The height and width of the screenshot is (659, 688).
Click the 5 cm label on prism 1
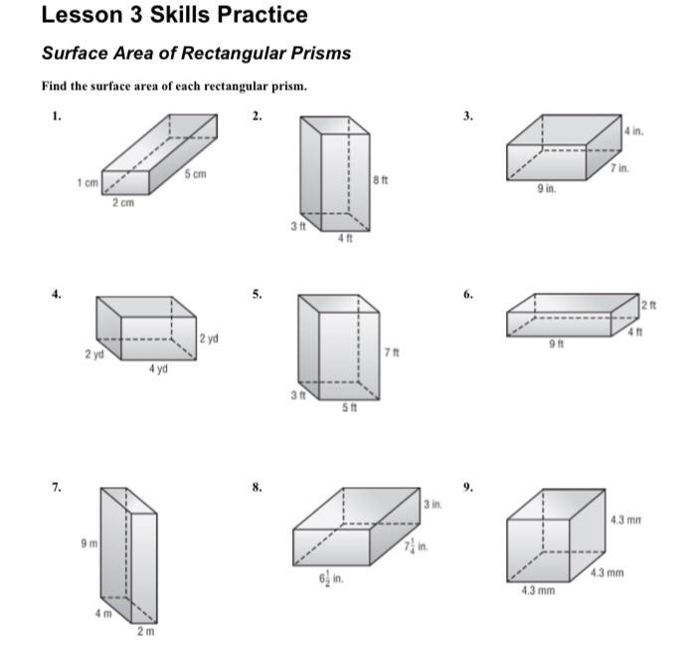(195, 174)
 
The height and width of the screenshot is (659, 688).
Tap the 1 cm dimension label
(87, 182)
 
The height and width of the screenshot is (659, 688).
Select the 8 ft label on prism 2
(381, 180)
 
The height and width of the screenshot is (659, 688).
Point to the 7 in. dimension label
(619, 168)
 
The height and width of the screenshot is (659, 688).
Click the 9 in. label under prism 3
(547, 188)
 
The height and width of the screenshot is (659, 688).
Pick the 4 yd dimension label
(158, 368)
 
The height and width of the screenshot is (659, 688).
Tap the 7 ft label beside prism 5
(392, 352)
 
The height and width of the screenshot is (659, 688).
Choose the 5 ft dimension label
(350, 407)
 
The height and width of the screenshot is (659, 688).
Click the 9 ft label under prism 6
(557, 343)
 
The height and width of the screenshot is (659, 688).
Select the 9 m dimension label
(89, 544)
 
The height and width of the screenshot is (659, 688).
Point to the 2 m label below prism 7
(146, 631)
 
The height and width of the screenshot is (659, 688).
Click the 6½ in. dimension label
(331, 578)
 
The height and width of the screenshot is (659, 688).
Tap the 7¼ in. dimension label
(416, 547)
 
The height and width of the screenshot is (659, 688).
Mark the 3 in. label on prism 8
(432, 505)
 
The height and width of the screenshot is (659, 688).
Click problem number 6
(468, 295)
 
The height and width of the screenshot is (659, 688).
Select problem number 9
(468, 487)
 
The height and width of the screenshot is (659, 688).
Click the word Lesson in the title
(83, 15)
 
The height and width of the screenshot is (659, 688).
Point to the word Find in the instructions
(55, 86)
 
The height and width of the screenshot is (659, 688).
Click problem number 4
(57, 295)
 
